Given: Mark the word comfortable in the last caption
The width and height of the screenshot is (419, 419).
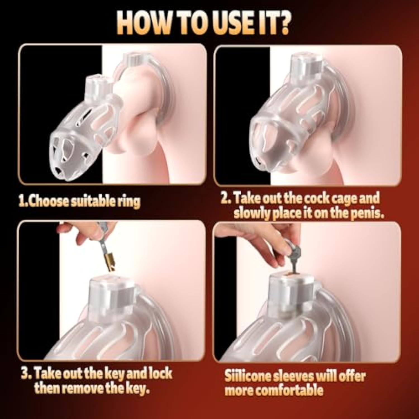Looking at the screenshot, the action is [290, 391].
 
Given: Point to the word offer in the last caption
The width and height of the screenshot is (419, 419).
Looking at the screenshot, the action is [351, 376].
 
